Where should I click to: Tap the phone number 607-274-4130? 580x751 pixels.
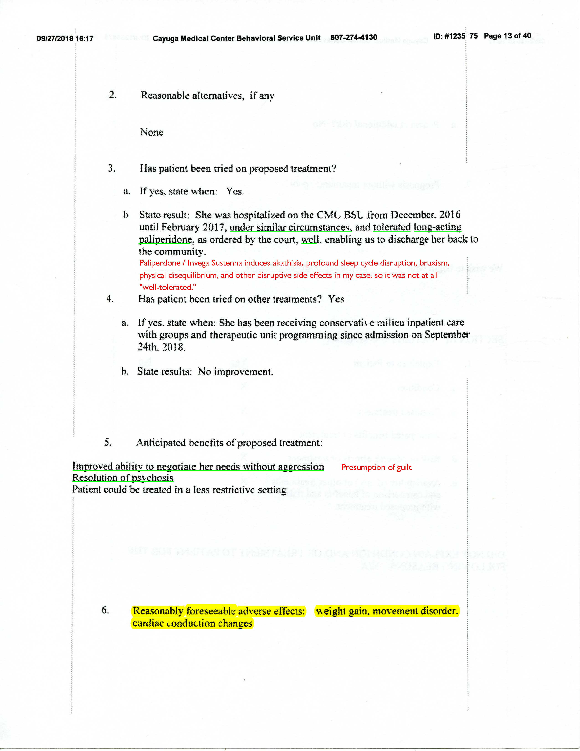354,37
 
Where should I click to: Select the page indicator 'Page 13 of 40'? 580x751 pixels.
507,36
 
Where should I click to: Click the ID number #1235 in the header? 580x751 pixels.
454,36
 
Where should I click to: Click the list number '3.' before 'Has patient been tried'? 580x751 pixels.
112,168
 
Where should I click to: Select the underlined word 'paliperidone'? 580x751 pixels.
165,239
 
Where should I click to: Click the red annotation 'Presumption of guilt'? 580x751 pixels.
376,467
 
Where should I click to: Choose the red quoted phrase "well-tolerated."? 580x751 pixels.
168,287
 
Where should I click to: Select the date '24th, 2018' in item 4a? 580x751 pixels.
161,347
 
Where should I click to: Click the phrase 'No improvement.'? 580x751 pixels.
235,372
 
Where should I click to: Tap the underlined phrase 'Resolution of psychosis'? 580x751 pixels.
123,478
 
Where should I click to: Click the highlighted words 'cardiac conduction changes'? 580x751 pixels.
192,623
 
